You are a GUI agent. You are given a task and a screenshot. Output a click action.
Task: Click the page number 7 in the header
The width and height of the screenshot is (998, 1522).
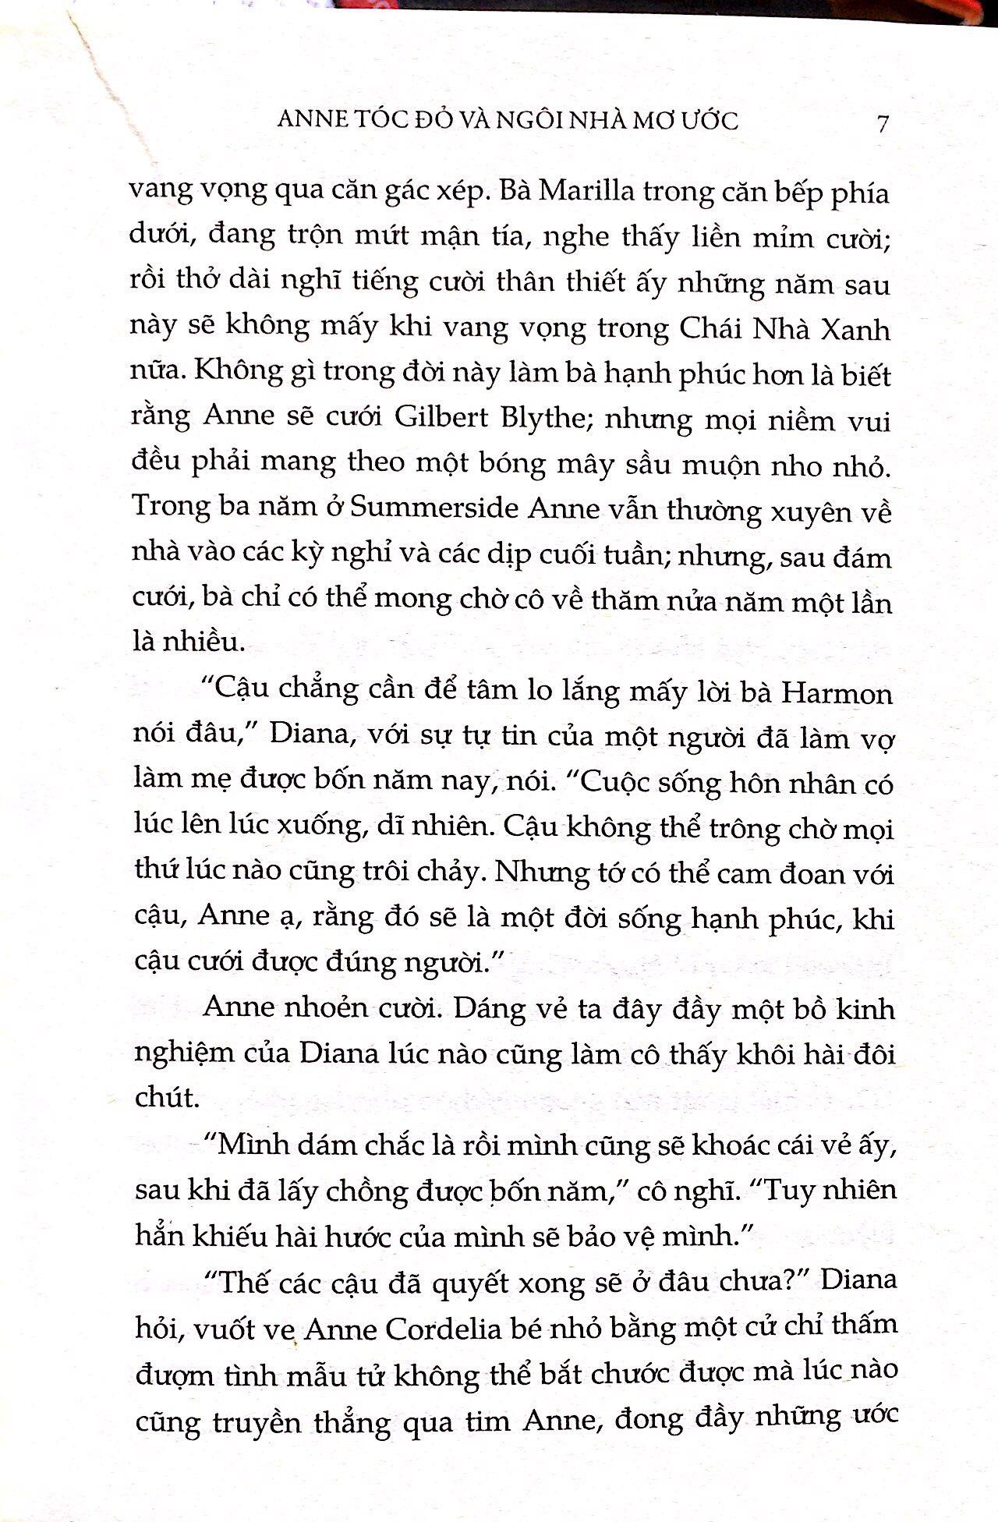tap(882, 123)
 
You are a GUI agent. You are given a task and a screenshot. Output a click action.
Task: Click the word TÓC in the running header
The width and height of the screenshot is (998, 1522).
tap(370, 120)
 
